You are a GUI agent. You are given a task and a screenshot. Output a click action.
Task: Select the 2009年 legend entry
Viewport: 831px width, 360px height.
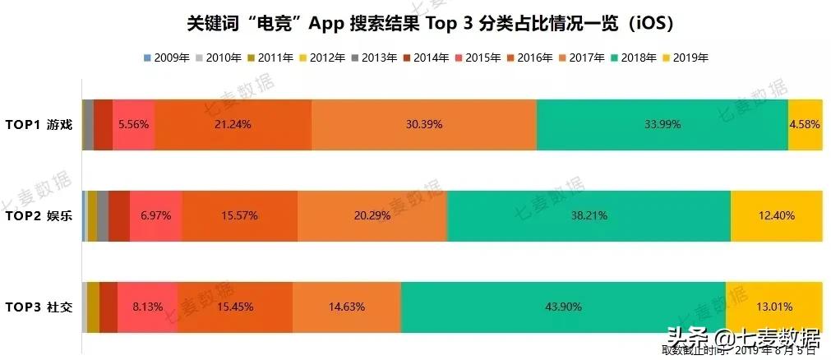tap(168, 58)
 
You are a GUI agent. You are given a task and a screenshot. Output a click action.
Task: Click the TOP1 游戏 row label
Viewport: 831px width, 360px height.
tap(39, 124)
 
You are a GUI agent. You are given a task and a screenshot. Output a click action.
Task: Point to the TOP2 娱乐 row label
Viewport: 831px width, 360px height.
tap(39, 216)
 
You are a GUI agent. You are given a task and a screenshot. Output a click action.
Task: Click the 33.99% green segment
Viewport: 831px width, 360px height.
tap(662, 124)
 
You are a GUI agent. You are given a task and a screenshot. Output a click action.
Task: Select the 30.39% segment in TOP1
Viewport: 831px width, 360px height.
tap(424, 124)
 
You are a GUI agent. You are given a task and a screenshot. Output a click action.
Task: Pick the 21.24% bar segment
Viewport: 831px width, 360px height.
tap(233, 124)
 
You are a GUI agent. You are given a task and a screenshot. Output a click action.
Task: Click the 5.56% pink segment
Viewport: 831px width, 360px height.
tap(133, 124)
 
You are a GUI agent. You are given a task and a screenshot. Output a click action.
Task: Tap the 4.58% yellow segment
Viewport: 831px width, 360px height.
tap(805, 124)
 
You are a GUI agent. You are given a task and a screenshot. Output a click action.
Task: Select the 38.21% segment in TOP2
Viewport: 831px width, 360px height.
tap(589, 215)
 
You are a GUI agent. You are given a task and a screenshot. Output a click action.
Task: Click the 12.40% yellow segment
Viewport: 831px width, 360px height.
tap(776, 215)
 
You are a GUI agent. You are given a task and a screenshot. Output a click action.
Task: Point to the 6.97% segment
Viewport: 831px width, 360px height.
tap(155, 215)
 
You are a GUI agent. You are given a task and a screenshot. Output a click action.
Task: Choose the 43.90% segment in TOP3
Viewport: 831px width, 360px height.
tap(563, 307)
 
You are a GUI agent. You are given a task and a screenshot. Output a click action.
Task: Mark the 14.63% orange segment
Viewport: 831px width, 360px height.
tap(347, 307)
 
